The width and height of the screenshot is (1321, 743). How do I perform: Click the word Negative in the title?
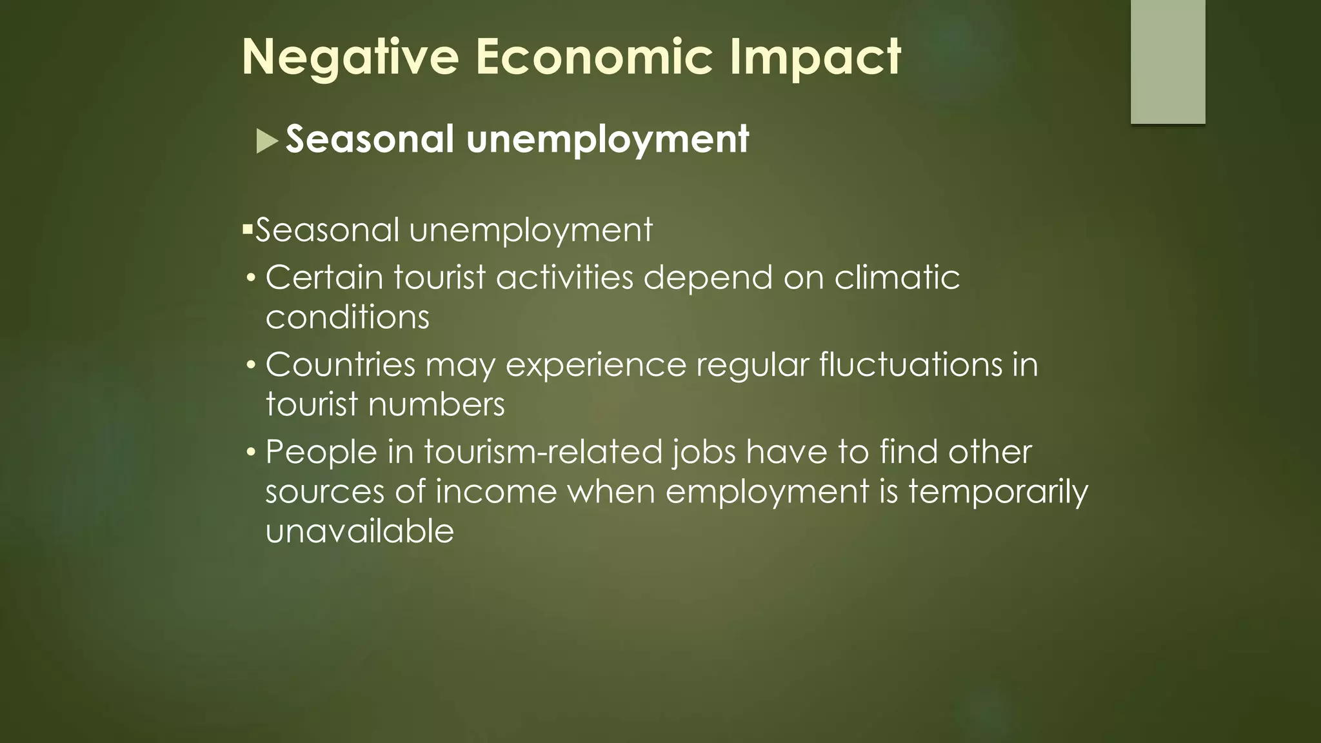pos(350,57)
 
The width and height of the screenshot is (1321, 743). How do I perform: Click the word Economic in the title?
pos(594,57)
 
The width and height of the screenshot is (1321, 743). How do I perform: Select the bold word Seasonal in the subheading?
pos(370,139)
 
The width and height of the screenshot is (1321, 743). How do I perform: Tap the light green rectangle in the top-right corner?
pos(1167,61)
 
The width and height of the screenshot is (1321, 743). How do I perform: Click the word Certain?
pos(324,278)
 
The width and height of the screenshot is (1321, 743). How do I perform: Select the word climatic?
pos(897,278)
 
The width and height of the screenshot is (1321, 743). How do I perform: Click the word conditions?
pos(347,317)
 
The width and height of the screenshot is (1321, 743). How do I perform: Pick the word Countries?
pos(340,365)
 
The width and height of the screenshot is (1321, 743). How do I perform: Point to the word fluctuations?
pos(911,365)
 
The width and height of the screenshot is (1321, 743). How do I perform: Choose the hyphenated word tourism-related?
pos(543,452)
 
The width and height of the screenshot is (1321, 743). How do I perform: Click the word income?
pos(496,492)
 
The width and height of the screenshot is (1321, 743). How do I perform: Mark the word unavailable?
pos(359,531)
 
